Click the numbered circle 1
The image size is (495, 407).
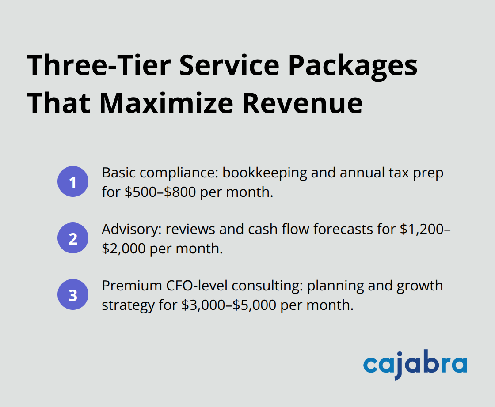[x=73, y=182]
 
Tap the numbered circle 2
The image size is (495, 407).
[x=73, y=238]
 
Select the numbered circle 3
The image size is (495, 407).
[x=73, y=295]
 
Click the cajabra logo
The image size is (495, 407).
[x=415, y=366]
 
